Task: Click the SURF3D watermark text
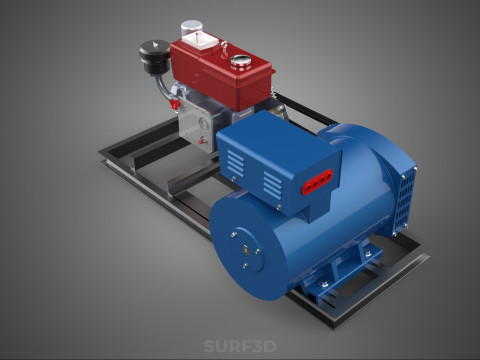point(240,346)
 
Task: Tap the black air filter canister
point(155,57)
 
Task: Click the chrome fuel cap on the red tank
point(241,62)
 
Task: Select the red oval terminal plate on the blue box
point(317,182)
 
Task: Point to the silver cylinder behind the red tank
point(192,27)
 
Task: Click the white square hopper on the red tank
point(200,40)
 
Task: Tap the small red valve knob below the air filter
point(175,104)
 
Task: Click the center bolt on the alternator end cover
point(246,250)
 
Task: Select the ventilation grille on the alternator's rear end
point(404,201)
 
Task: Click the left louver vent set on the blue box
point(236,163)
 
